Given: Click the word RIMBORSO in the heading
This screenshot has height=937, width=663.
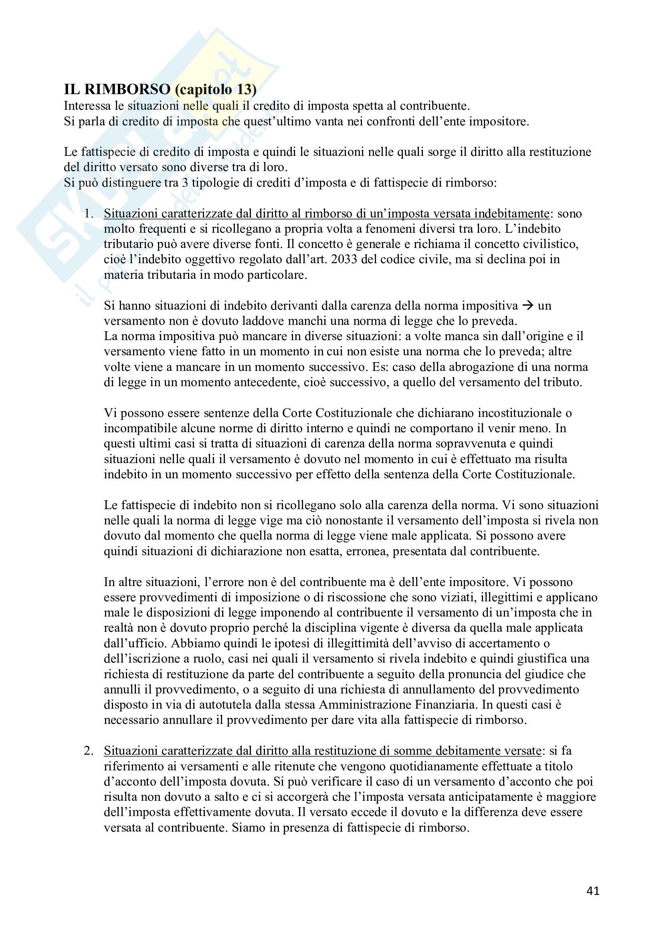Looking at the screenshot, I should click(x=127, y=89).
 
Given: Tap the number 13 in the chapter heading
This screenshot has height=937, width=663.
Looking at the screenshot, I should click(x=244, y=89).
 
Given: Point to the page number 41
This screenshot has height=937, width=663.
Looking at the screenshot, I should click(x=593, y=891).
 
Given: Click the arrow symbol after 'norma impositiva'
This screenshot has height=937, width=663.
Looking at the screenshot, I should click(x=528, y=305).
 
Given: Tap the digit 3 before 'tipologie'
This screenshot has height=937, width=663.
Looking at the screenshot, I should click(x=185, y=182).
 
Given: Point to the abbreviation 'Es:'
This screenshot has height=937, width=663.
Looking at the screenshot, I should click(x=380, y=367).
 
